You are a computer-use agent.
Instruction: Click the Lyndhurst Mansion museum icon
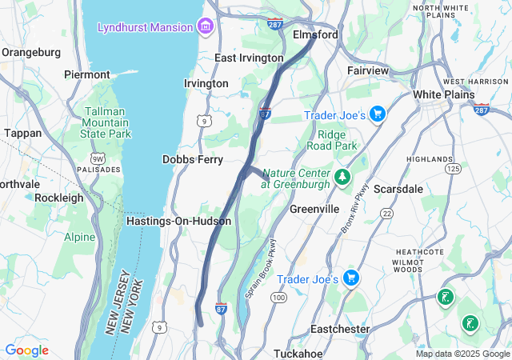click(206, 27)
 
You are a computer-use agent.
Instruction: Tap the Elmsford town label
click(316, 35)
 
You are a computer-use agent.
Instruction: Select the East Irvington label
click(249, 58)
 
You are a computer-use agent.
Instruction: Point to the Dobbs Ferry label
click(193, 160)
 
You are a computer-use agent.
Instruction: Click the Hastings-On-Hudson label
click(178, 221)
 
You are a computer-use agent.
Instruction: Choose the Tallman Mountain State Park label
click(107, 123)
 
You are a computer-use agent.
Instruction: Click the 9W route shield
click(98, 158)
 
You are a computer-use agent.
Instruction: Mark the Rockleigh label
click(58, 198)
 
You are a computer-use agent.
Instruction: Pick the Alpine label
click(80, 237)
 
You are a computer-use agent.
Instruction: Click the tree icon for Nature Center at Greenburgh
click(343, 176)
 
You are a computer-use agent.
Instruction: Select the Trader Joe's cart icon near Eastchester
click(350, 278)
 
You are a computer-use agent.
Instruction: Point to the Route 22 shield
click(386, 213)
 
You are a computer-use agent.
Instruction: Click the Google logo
click(26, 350)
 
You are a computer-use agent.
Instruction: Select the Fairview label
click(367, 71)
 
